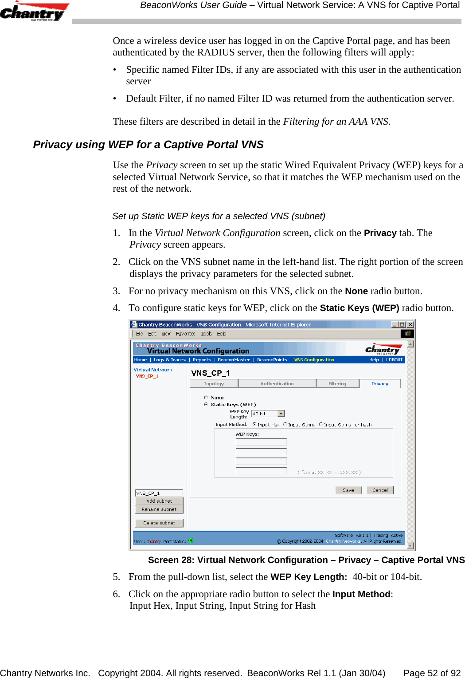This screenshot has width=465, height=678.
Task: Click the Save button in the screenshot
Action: point(348,490)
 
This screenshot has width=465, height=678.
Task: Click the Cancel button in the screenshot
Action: point(380,490)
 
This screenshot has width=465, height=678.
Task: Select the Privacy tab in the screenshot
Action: point(380,384)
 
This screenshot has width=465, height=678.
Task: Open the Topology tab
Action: point(214,384)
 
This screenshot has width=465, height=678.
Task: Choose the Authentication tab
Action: point(277,384)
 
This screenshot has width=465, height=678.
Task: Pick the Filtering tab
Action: point(337,384)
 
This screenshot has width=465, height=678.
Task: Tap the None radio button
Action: point(206,398)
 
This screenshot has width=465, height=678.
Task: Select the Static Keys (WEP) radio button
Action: point(206,404)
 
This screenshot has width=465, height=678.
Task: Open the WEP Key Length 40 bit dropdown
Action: point(281,414)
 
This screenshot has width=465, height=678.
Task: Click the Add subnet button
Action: point(159,501)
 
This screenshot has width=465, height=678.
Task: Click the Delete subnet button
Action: point(159,523)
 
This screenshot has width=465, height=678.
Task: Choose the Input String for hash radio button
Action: point(321,425)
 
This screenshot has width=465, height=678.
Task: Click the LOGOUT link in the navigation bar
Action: point(394,360)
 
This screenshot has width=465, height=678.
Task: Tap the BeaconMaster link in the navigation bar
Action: point(234,360)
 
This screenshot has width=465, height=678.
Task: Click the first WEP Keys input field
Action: point(261,442)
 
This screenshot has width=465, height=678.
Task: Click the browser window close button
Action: point(410,324)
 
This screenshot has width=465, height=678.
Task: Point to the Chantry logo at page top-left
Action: point(34,12)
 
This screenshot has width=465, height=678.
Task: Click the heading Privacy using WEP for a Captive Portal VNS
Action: point(148,145)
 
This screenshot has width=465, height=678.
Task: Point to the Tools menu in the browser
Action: point(206,334)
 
